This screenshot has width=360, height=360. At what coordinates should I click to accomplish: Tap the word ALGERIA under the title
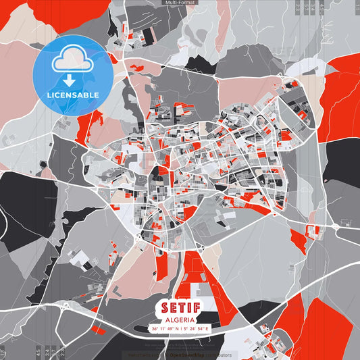[180, 319]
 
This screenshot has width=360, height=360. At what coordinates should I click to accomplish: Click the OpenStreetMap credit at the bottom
[186, 355]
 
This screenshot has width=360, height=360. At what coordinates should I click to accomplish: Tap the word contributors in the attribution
[217, 355]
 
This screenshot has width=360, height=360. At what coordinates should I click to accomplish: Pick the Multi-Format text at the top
[180, 3]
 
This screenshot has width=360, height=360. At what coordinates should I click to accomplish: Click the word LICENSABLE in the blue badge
[73, 95]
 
